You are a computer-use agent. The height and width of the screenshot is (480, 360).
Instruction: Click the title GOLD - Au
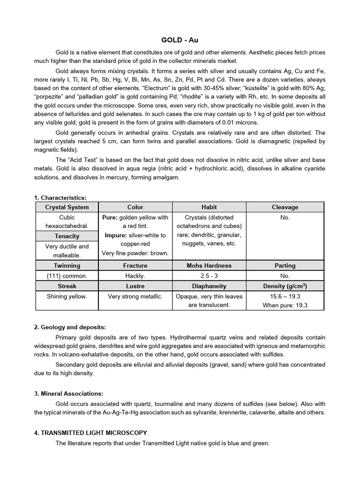pos(180,41)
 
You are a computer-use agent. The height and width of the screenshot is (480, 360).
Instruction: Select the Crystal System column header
pos(67,207)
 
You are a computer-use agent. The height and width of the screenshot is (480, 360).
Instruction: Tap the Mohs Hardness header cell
pos(209,265)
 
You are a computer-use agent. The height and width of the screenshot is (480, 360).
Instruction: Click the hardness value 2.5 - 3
pos(209,276)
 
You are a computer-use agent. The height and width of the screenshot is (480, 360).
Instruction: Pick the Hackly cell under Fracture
pos(135,276)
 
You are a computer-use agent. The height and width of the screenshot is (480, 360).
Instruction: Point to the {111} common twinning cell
pos(67,276)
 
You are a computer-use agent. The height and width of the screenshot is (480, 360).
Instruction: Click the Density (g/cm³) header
pos(285,286)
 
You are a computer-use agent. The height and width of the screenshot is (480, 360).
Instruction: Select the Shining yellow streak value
pos(67,296)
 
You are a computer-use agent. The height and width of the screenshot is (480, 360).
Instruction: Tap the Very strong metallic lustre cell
pos(135,296)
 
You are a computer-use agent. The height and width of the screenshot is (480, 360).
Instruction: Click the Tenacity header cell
pos(67,236)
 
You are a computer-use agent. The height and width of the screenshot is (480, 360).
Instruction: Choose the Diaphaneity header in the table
pos(209,286)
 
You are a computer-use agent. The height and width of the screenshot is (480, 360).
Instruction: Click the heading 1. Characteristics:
pos(60,198)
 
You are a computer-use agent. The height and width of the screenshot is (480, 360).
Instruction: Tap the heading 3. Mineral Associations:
pos(68,393)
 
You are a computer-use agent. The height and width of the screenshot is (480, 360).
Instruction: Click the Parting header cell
pos(285,265)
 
